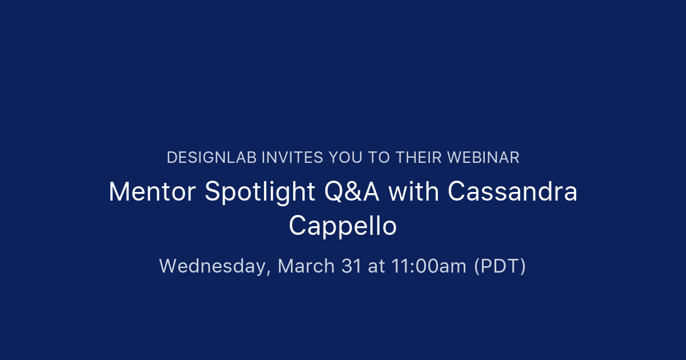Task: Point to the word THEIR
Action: tap(416, 158)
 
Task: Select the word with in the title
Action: tap(413, 192)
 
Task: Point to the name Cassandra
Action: tap(512, 192)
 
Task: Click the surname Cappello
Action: tap(342, 226)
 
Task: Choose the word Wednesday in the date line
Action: tap(213, 266)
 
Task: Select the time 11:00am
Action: tap(429, 266)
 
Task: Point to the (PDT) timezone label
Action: tap(500, 266)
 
